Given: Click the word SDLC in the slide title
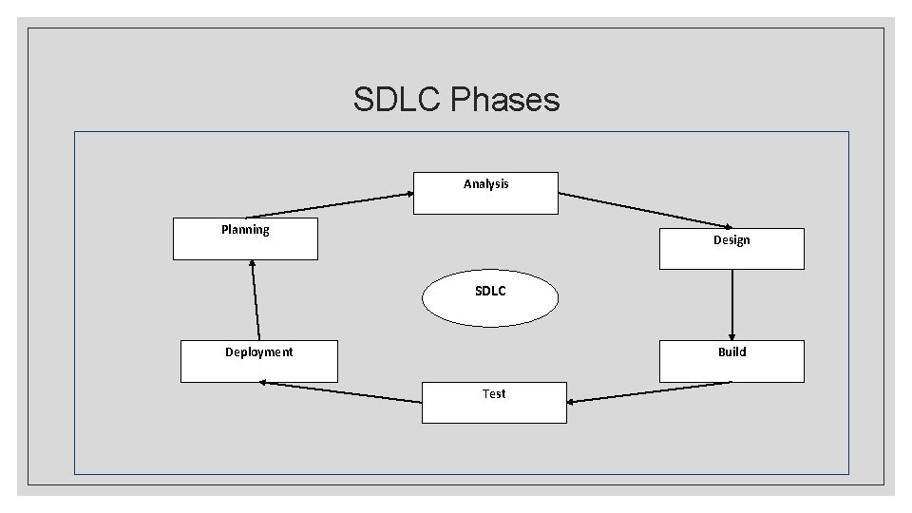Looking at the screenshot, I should [x=398, y=99].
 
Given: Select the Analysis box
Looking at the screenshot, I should [x=485, y=193].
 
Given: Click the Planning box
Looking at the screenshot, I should [x=245, y=238].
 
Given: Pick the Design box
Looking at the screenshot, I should [x=731, y=249].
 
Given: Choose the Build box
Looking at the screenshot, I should [x=731, y=361].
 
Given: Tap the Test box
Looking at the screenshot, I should [x=494, y=402].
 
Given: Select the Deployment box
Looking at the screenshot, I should [x=258, y=361].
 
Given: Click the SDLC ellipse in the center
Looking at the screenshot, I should [x=490, y=298].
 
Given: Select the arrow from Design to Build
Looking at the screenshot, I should [x=731, y=304].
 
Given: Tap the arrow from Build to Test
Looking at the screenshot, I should [x=650, y=391].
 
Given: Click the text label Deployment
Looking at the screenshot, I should [x=258, y=352].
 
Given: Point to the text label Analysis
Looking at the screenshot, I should [x=485, y=184].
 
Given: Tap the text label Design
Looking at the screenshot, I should [x=731, y=240].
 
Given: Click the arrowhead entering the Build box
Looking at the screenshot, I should [x=731, y=335].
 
